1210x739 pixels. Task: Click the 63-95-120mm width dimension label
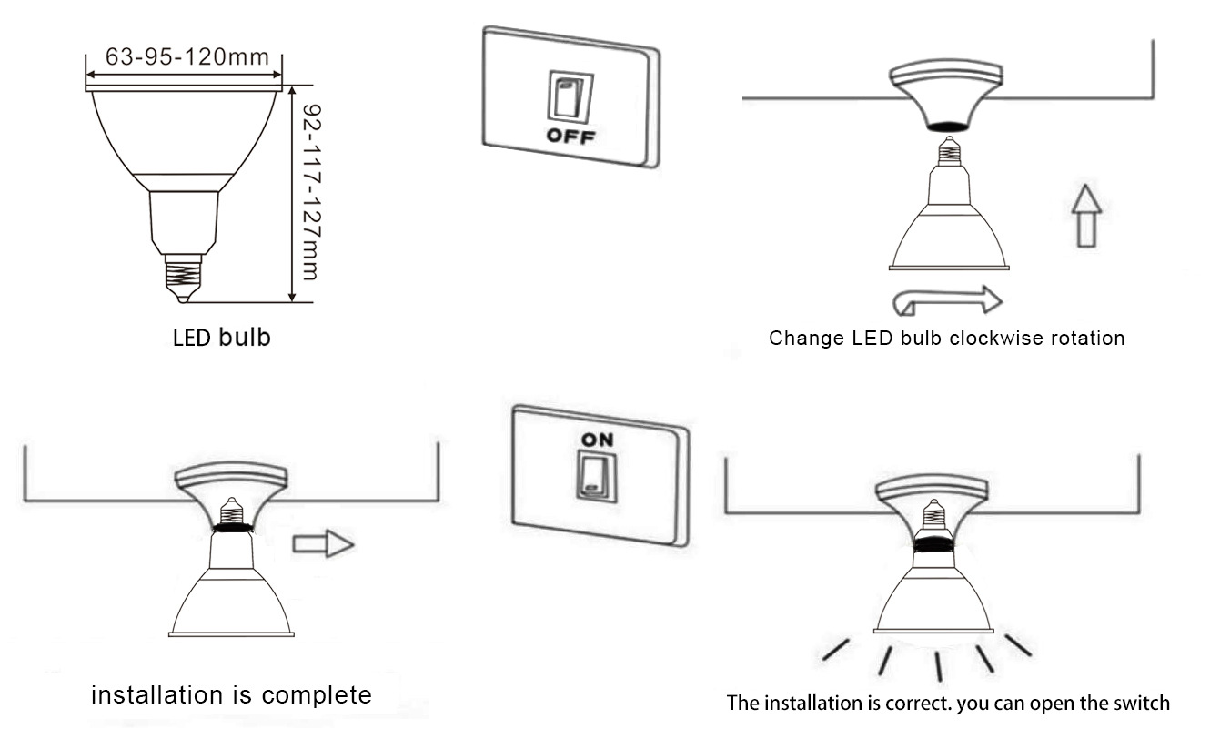coord(187,56)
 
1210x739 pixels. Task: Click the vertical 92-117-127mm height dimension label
coord(312,192)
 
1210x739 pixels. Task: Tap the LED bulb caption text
coord(221,338)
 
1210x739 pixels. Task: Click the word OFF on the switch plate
coord(570,136)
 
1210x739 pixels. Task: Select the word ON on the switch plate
coord(598,440)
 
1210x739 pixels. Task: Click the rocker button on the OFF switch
coord(570,97)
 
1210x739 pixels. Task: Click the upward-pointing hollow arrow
coord(1086,216)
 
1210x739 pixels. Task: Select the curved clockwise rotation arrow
coord(947,301)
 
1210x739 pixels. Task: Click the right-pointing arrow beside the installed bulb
coord(323,543)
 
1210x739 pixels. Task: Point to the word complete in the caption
coord(317,696)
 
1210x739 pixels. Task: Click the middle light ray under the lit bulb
coord(939,666)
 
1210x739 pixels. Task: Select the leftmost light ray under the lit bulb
coord(836,650)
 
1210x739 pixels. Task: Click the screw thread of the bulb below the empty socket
coord(949,152)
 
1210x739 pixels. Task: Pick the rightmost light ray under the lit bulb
coord(1018,645)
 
